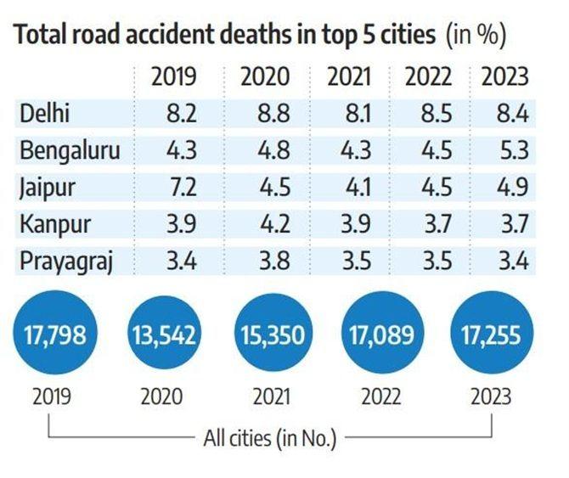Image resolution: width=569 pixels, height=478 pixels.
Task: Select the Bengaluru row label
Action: click(x=70, y=150)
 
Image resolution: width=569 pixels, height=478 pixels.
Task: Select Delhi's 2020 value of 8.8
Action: click(x=268, y=114)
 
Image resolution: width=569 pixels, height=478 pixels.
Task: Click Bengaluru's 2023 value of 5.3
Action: click(x=514, y=150)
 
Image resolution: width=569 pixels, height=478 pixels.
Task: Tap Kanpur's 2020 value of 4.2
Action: click(x=268, y=223)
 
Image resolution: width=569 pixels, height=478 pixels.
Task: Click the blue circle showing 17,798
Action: click(x=55, y=334)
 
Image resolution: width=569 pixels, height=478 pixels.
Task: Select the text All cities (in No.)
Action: click(x=269, y=439)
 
